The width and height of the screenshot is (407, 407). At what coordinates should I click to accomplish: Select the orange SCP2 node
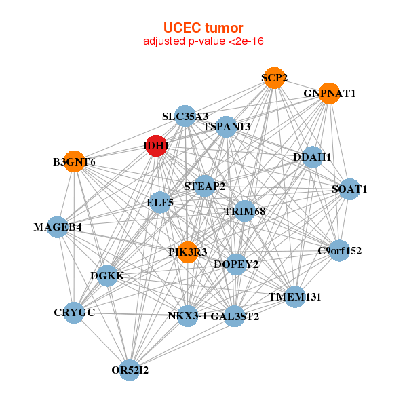[x=273, y=78]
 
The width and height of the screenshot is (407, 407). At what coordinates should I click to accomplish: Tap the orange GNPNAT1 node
[x=329, y=94]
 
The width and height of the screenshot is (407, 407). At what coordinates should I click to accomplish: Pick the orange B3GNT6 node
[x=74, y=162]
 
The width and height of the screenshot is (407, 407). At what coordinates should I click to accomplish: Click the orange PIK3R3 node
[x=188, y=252]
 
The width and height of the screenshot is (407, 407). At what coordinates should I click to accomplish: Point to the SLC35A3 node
[x=185, y=116]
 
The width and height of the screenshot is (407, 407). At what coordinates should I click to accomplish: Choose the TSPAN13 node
[x=227, y=127]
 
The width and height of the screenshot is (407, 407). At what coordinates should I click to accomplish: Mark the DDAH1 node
[x=312, y=157]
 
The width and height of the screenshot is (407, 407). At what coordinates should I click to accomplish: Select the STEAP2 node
[x=205, y=186]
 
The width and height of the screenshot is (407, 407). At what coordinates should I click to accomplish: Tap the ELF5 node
[x=160, y=202]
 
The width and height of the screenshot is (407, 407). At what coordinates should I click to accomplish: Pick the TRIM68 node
[x=244, y=212]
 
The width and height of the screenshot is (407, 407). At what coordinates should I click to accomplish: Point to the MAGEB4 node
[x=58, y=227]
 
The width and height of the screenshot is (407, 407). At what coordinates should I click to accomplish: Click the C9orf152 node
[x=339, y=251]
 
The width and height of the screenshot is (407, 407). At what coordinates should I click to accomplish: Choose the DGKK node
[x=107, y=276]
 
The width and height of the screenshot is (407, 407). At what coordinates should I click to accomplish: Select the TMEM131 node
[x=294, y=297]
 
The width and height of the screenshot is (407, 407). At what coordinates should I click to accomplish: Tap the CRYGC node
[x=74, y=313]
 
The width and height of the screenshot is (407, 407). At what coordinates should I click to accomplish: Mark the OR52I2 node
[x=130, y=370]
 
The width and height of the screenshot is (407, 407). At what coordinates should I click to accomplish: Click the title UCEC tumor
[x=203, y=28]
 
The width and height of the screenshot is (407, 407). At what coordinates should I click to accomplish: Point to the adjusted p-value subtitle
[x=203, y=41]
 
